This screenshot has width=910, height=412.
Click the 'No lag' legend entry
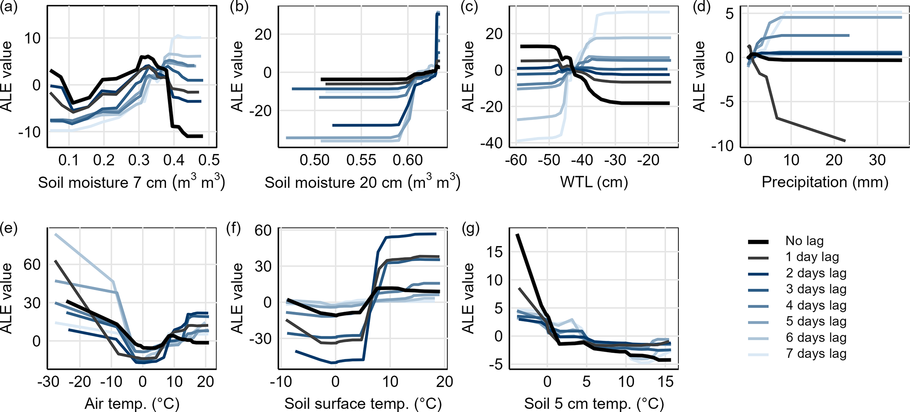[x=804, y=241]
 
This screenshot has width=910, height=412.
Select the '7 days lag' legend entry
[x=816, y=354]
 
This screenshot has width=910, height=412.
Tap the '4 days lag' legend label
[x=816, y=305]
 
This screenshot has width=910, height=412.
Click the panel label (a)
[x=9, y=7]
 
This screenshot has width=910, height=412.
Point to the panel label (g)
[x=471, y=228]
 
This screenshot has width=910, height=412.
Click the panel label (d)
[x=701, y=7]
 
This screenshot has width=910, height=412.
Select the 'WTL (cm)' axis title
[x=594, y=182]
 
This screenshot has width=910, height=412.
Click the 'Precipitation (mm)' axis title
[x=825, y=182]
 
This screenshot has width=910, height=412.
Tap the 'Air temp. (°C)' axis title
[x=132, y=403]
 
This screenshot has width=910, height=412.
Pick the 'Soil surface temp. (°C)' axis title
[x=363, y=403]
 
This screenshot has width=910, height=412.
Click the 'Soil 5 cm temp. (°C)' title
[x=594, y=403]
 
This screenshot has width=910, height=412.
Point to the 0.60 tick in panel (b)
[x=408, y=160]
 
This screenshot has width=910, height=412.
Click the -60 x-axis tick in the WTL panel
[x=516, y=160]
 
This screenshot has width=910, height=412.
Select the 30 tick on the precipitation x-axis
[x=877, y=160]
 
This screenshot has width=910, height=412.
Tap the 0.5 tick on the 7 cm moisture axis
[x=209, y=160]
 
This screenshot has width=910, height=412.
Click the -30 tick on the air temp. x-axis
[x=48, y=381]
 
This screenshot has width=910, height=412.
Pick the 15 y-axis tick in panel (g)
[x=495, y=252]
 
